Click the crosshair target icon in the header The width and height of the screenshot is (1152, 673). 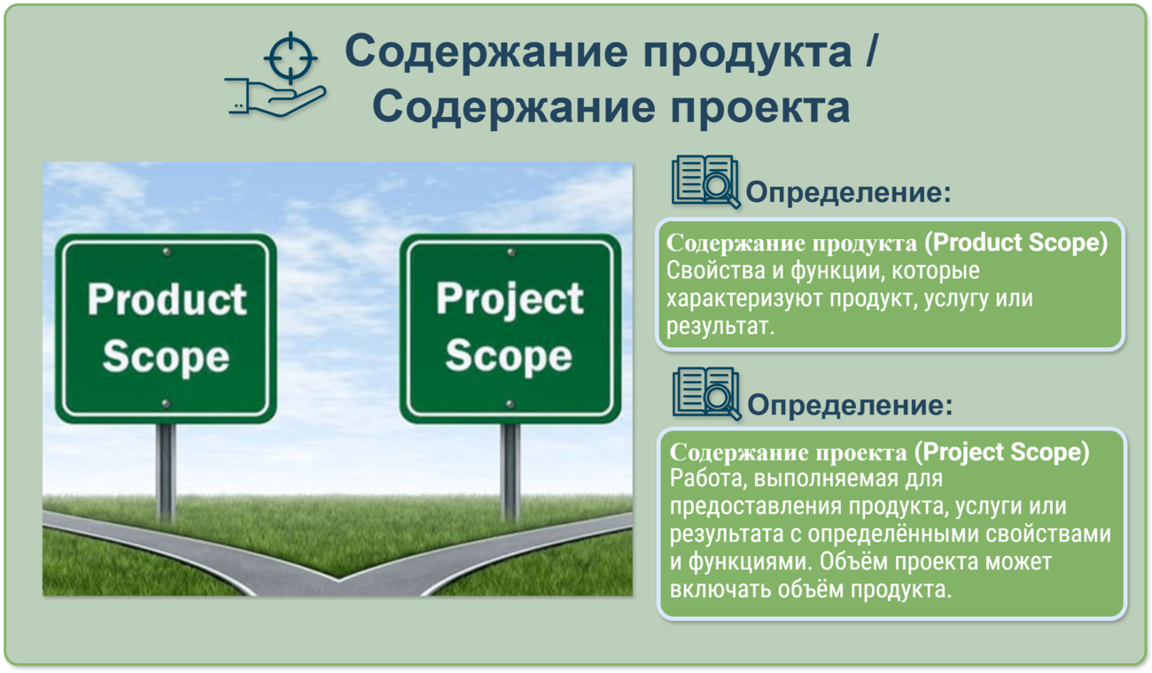click(291, 58)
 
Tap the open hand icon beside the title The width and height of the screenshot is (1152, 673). click(276, 97)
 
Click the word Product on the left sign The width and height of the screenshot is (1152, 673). click(167, 299)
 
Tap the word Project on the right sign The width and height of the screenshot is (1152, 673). click(510, 300)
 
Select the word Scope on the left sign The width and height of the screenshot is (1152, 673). click(166, 357)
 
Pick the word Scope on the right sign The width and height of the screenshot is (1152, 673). click(509, 357)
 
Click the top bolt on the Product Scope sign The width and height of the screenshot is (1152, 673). click(167, 252)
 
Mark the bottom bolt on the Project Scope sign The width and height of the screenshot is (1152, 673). click(510, 405)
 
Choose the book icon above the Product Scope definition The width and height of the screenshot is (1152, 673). click(705, 182)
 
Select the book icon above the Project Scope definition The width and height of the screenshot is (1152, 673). click(706, 394)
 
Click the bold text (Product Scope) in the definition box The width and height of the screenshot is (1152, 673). click(1016, 243)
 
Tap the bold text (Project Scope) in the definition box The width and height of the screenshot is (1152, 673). click(1002, 453)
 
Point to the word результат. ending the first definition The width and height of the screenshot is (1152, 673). click(720, 327)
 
